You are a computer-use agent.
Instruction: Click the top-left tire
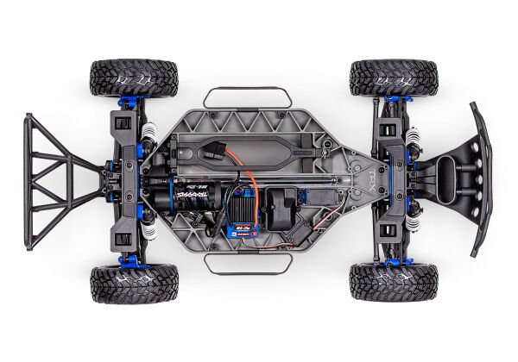click(133, 77)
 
